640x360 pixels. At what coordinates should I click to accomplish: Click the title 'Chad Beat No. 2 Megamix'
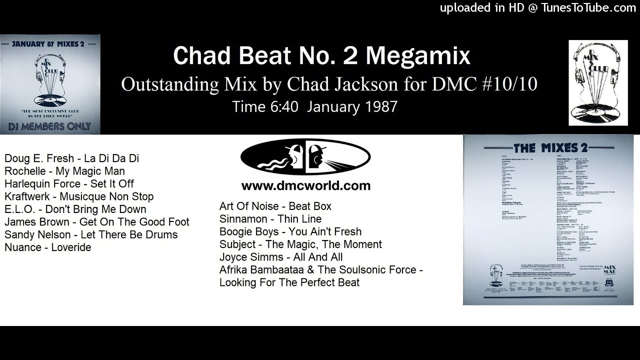point(321,56)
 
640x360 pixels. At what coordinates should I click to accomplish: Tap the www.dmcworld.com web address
point(305,186)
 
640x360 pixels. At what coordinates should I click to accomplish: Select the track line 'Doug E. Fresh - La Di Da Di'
point(71,158)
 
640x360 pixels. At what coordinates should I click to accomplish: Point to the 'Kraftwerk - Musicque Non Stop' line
point(79,196)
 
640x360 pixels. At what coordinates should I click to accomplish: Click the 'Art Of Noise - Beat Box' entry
point(275,206)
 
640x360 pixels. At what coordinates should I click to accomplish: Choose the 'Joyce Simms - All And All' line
point(281,257)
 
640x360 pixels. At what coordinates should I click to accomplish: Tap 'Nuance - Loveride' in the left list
point(48,247)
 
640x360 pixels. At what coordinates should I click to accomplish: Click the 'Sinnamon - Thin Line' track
point(270,218)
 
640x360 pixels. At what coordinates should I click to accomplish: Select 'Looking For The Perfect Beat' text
point(289,282)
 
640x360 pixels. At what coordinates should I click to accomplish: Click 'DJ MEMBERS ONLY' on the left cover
point(50,126)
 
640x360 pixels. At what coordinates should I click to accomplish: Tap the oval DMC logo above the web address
point(305,159)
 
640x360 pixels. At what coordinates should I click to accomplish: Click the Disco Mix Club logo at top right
point(598,82)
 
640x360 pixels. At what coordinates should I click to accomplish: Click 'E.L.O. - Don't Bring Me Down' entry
point(75,209)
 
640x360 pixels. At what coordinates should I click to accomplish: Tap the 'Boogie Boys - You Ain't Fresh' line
point(290,231)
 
